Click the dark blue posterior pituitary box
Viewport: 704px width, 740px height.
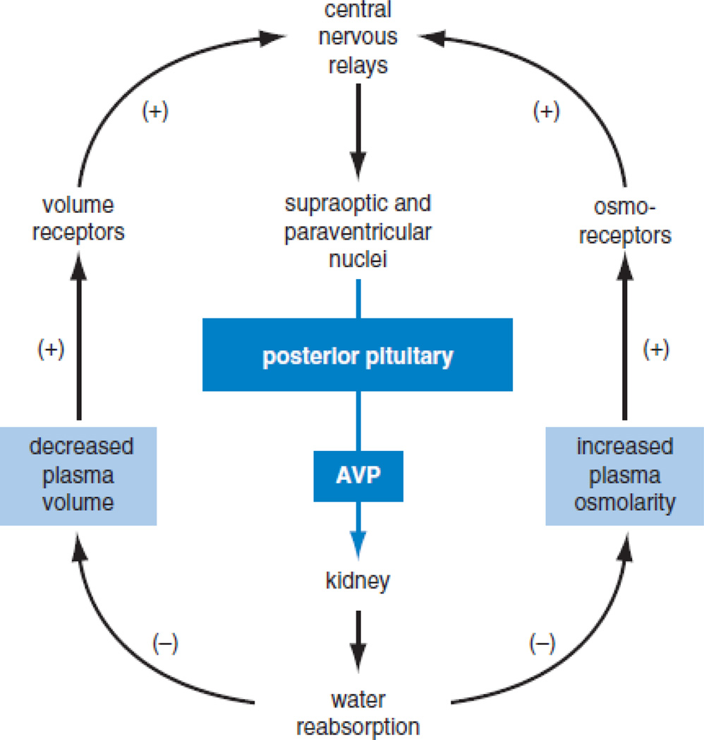pos(358,355)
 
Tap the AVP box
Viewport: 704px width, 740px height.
pos(358,476)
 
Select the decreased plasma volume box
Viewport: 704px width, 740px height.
pos(78,474)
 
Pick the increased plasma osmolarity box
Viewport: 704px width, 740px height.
pos(624,474)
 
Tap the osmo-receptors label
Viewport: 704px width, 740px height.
pos(624,223)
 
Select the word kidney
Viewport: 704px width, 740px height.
pos(358,581)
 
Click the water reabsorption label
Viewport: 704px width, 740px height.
pos(358,713)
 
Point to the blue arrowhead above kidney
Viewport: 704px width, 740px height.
pos(358,543)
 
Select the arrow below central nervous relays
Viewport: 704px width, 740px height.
pos(358,130)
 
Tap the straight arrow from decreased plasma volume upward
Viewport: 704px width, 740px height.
pos(78,338)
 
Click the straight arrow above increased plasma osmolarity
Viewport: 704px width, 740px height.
pos(624,338)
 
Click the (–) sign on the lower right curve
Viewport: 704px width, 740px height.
pos(542,642)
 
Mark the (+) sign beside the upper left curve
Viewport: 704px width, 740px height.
pos(155,113)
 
